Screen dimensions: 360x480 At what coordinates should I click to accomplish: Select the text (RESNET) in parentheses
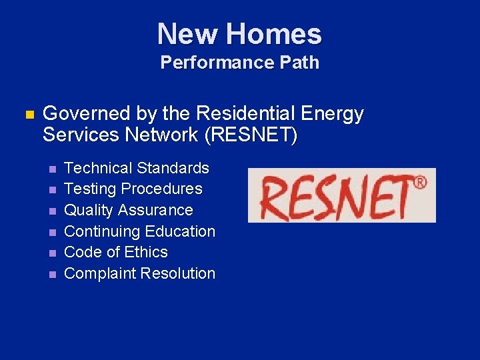pos(251,135)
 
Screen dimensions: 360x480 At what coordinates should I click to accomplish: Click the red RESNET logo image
pos(341,195)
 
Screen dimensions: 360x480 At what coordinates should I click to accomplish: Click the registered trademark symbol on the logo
pos(420,182)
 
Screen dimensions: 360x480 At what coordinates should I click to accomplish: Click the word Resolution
pos(177,273)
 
